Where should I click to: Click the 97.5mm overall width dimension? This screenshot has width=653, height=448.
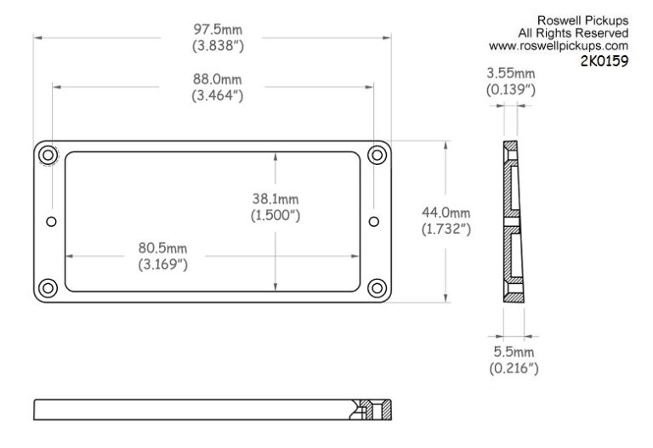tap(218, 30)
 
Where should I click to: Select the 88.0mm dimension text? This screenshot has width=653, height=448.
tap(218, 79)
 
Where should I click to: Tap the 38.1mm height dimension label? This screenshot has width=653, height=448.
tap(275, 199)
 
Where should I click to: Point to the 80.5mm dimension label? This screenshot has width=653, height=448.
tap(163, 248)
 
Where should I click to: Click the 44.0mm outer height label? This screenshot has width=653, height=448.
tap(446, 213)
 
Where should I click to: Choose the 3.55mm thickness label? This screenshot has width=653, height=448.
tap(511, 73)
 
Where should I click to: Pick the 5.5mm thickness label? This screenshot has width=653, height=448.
tap(514, 352)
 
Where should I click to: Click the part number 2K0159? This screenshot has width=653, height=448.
tap(605, 61)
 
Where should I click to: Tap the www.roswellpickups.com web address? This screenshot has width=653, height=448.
tap(559, 46)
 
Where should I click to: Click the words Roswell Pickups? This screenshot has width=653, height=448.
tap(582, 20)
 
